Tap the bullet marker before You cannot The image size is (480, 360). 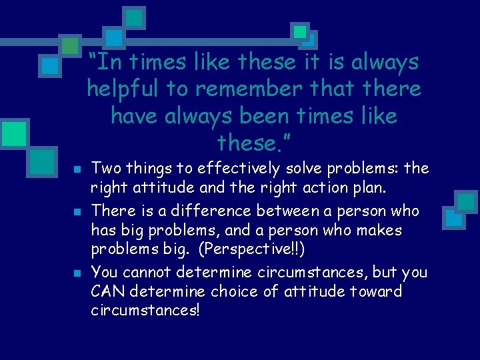77,273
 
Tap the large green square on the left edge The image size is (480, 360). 13,133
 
